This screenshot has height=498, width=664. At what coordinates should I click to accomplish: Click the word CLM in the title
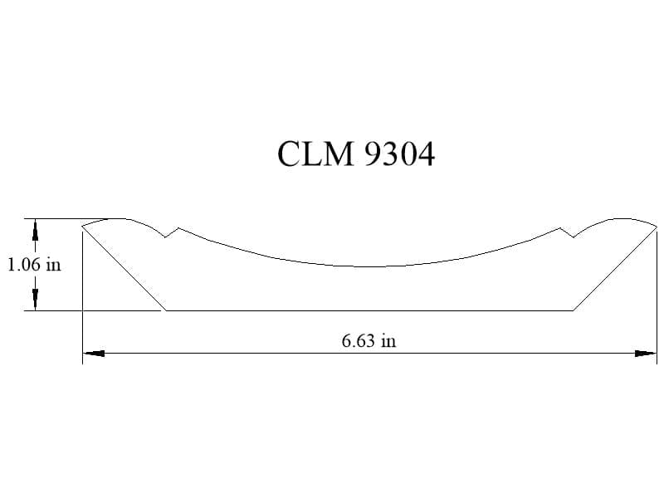point(315,154)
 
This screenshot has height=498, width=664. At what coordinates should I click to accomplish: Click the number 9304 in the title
point(399,154)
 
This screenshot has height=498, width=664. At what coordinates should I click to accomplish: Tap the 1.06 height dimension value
point(25,265)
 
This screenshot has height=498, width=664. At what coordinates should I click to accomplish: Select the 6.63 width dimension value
point(358,340)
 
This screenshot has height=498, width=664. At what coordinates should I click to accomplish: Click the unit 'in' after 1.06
point(54,265)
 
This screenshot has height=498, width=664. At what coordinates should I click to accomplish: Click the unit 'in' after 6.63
point(388,340)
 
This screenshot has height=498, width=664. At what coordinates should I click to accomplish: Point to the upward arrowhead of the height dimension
point(35,229)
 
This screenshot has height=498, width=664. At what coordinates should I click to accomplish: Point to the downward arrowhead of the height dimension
point(35,300)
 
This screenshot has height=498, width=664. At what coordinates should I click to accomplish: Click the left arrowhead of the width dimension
point(94,353)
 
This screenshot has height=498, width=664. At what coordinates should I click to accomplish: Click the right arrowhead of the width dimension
point(646,353)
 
